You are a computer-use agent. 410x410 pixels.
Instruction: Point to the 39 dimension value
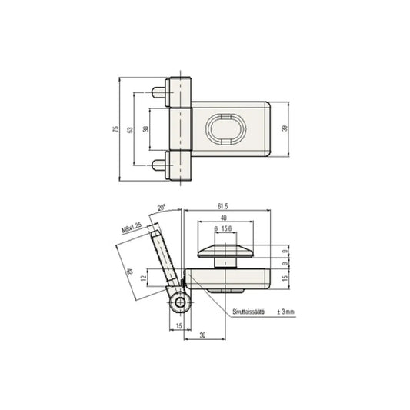tap(285, 128)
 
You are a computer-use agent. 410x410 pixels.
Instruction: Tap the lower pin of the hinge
tap(159, 163)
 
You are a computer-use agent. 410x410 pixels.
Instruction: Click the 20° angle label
tap(161, 207)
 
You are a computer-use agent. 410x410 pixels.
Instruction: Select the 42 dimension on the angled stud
tap(127, 270)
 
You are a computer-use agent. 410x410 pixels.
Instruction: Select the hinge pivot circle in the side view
tap(179, 305)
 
